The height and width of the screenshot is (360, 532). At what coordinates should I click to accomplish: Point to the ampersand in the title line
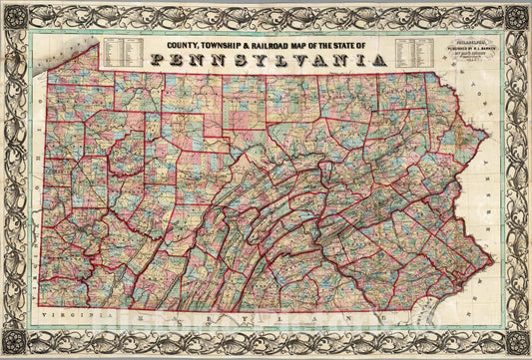tap(252, 45)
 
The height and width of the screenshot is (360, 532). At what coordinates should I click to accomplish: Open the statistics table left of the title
tap(126, 50)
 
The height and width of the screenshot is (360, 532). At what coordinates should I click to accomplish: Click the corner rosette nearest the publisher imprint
tap(516, 17)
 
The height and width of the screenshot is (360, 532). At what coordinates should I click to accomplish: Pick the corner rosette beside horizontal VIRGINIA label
tap(16, 343)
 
